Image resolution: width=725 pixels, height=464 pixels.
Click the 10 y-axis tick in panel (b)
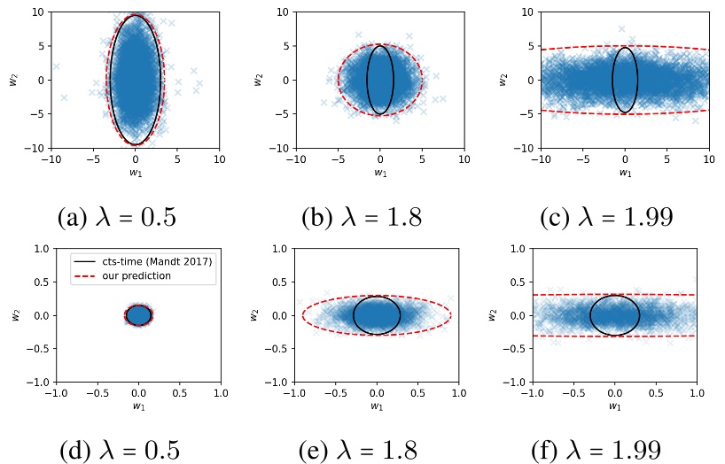(283, 12)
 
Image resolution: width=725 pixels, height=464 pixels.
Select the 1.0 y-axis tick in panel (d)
(38, 249)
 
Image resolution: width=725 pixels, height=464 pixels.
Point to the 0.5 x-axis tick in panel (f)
(655, 392)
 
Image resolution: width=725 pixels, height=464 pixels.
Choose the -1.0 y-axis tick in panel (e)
(276, 382)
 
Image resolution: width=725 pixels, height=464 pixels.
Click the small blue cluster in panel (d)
(138, 315)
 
